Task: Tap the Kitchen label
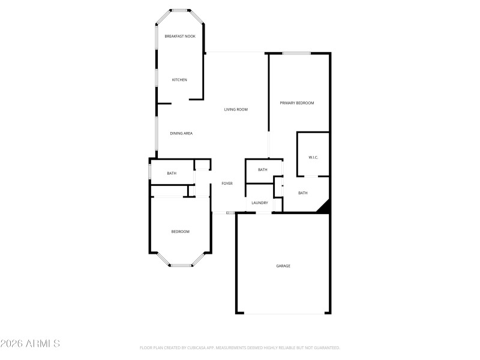(179, 80)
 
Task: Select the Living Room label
(236, 110)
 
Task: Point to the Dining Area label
(181, 133)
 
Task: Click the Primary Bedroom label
(297, 103)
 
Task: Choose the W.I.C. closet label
(313, 157)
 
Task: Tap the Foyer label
(227, 184)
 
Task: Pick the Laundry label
(260, 203)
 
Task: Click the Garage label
(283, 266)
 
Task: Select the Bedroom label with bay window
(180, 232)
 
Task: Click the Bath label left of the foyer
(172, 173)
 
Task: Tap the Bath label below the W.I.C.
(303, 193)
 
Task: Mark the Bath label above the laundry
(262, 170)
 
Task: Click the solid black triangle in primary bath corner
(325, 208)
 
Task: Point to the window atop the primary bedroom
(296, 53)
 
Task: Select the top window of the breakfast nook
(179, 10)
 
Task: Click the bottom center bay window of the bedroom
(180, 265)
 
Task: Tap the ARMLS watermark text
(30, 344)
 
